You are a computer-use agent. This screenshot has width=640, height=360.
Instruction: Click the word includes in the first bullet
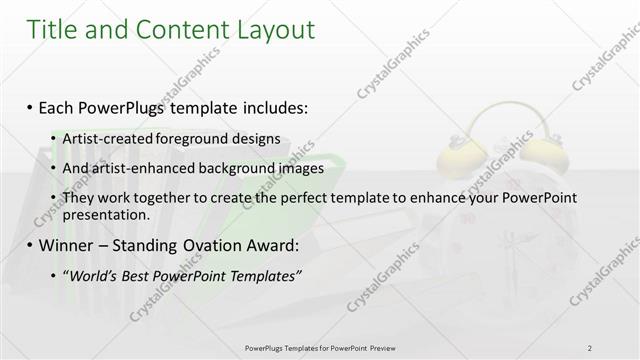point(272,106)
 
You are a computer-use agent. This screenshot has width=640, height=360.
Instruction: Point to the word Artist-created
point(105,139)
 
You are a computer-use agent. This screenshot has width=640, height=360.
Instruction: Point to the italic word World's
point(89,275)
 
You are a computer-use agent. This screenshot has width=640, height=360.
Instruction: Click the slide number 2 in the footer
point(590,347)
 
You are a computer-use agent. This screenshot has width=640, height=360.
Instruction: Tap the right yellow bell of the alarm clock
point(545,153)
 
